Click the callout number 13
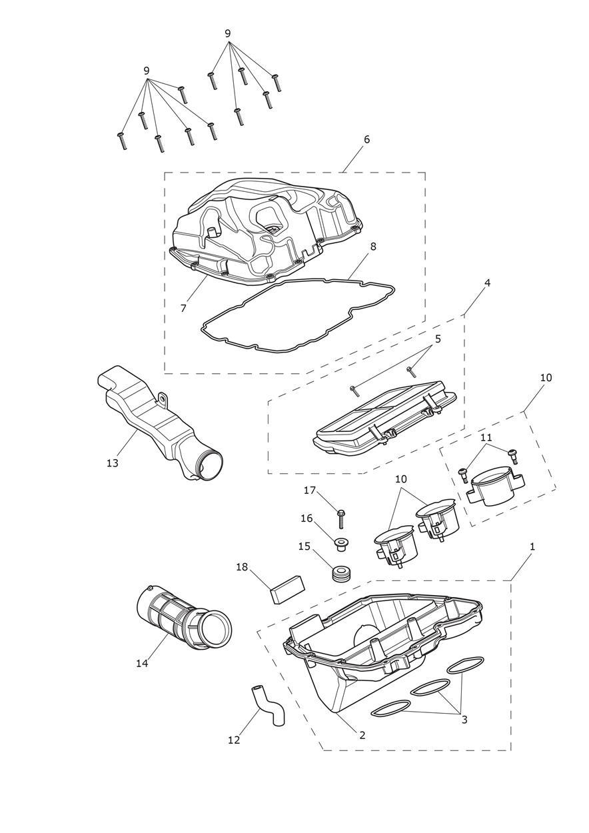point(112,463)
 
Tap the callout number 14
point(142,663)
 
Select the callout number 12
point(234,740)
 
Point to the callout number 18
point(242,567)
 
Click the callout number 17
point(310,490)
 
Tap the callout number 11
point(486,437)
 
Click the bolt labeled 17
point(341,518)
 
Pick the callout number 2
point(362,735)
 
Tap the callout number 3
point(464,720)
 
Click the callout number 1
point(532,546)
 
